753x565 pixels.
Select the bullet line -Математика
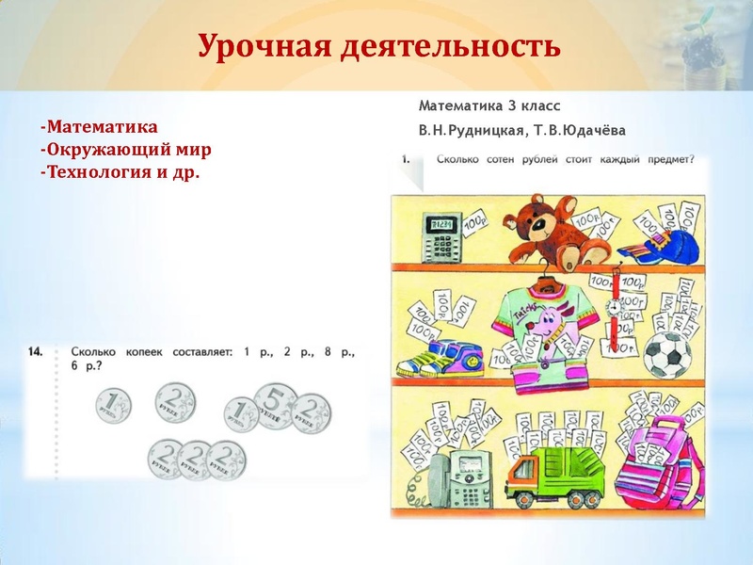[99, 126]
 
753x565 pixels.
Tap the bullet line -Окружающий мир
[124, 150]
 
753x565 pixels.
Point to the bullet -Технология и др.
[120, 173]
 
